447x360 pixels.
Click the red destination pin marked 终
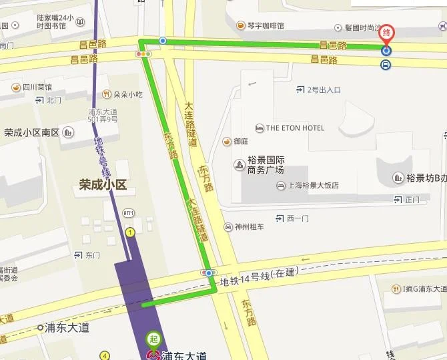click(x=387, y=33)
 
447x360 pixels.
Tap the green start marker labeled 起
click(x=154, y=339)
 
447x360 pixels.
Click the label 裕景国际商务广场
click(x=266, y=165)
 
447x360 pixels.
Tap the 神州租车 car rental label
click(x=249, y=227)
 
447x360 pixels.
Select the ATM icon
click(x=128, y=212)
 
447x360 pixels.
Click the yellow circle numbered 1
click(x=130, y=232)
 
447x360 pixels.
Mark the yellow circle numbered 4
click(x=104, y=356)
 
